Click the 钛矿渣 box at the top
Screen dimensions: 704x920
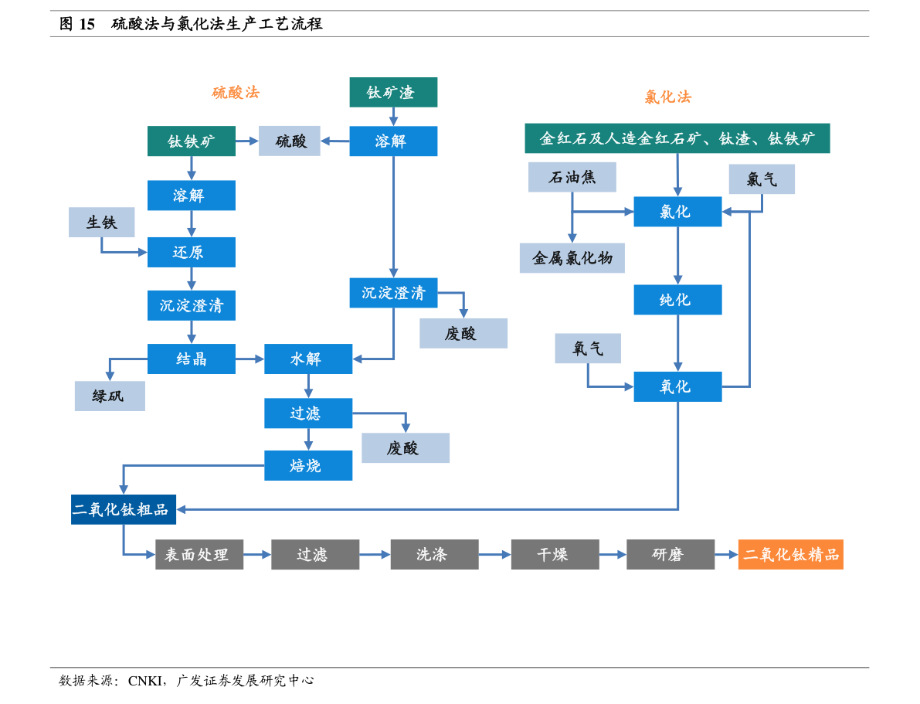(x=393, y=92)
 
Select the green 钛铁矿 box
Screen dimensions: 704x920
(x=192, y=141)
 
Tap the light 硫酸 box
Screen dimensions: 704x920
(x=290, y=141)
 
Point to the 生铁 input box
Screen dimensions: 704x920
(x=102, y=222)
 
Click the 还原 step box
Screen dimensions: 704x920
(x=192, y=252)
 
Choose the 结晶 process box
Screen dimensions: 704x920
(x=192, y=359)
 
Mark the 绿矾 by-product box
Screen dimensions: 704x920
(x=110, y=396)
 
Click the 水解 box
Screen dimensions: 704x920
(x=308, y=359)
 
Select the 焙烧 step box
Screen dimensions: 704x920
(x=308, y=465)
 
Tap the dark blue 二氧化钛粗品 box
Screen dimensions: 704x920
(x=124, y=509)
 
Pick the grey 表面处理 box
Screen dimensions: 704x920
(x=199, y=554)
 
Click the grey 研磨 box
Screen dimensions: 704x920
(x=670, y=554)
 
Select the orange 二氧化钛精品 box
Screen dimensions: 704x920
(x=790, y=554)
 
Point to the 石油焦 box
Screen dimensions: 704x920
(x=572, y=177)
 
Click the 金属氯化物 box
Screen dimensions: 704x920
(x=572, y=258)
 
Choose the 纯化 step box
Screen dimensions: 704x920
(x=677, y=300)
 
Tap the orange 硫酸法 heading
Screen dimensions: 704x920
(x=236, y=93)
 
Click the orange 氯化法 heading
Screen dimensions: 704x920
(x=668, y=97)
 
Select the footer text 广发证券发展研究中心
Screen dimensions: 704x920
(x=245, y=679)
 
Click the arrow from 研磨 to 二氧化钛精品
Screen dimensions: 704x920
(x=726, y=554)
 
